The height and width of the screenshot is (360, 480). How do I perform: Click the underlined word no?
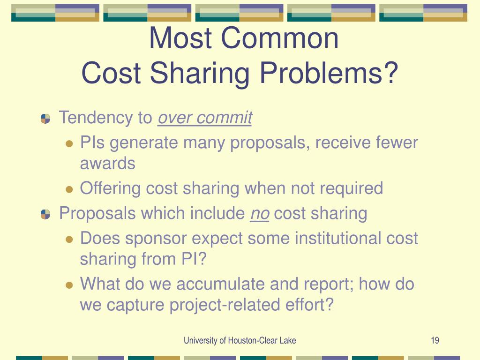260,214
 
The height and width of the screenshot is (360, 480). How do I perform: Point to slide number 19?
435,340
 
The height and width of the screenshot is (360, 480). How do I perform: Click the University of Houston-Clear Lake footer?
240,340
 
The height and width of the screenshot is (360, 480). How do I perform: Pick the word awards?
107,164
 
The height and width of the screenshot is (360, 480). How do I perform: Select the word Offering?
111,188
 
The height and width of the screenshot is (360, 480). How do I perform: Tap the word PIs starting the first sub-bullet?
92,142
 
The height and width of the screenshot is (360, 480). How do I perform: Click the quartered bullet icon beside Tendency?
45,119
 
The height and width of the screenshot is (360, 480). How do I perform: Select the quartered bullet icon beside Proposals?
45,214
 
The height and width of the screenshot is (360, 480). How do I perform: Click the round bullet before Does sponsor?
69,239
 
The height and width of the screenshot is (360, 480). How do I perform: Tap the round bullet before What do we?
69,285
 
